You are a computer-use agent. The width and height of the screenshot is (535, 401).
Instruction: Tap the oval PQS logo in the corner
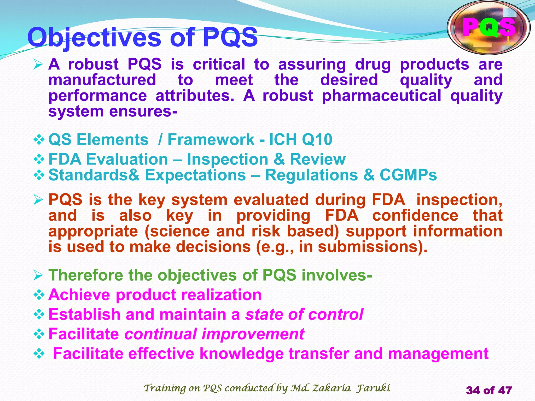click(x=489, y=27)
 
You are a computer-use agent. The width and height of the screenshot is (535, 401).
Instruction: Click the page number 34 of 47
click(x=489, y=390)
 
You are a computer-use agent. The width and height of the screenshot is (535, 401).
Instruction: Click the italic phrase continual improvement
click(x=214, y=334)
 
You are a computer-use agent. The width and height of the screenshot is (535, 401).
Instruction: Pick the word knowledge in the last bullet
click(x=242, y=354)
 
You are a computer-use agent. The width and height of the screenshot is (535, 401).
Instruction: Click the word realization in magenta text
click(x=221, y=295)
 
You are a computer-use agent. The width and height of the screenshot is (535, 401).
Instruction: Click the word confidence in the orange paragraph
click(x=415, y=216)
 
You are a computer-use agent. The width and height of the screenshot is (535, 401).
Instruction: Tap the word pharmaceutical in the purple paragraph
click(x=381, y=96)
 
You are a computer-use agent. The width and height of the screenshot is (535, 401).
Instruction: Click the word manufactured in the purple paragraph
click(x=102, y=80)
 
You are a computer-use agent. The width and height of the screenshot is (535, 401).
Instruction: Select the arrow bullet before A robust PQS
click(x=38, y=64)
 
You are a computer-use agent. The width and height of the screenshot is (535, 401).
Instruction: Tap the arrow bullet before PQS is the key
click(x=38, y=200)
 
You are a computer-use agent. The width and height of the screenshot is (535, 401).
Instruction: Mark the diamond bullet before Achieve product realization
click(x=39, y=295)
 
